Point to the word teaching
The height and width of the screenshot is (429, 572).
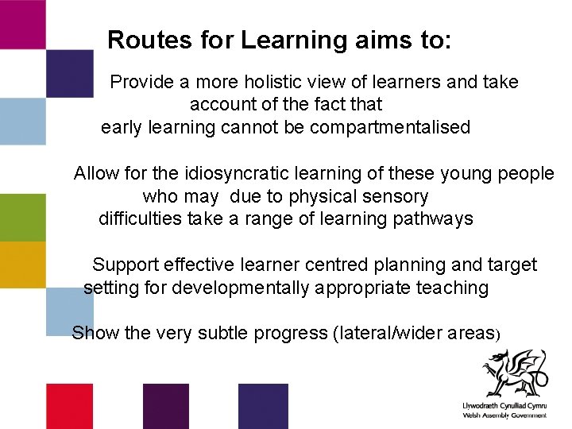[x=452, y=288]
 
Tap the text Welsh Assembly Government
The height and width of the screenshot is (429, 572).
[x=504, y=415]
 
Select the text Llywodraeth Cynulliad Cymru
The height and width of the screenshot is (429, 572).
[x=504, y=406]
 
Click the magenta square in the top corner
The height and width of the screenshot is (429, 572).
[x=22, y=24]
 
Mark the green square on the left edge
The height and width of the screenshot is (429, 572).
[x=22, y=217]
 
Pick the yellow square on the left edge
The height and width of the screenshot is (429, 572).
[x=22, y=265]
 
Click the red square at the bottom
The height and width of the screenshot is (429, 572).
[x=69, y=406]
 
